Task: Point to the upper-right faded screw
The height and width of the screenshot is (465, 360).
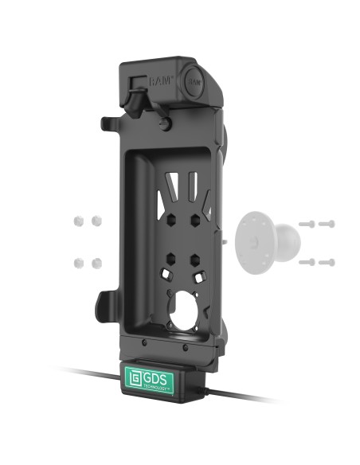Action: (x=327, y=224)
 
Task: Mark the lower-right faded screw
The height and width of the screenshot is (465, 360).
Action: (x=327, y=261)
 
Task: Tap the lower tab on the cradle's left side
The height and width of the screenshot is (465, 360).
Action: (x=106, y=303)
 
